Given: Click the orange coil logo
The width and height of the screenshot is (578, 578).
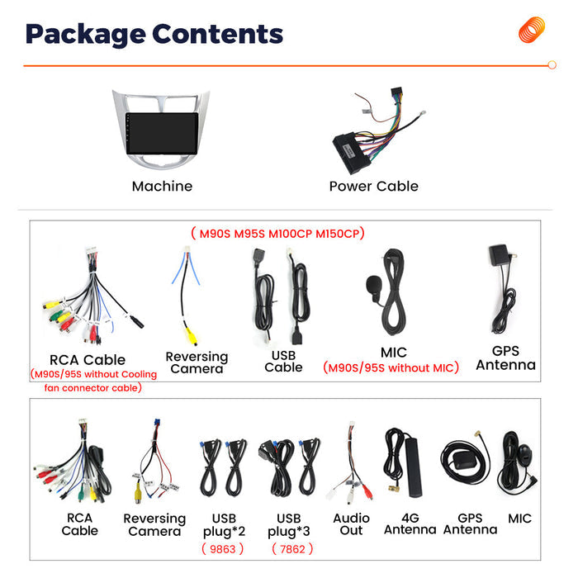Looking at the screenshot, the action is (x=532, y=30).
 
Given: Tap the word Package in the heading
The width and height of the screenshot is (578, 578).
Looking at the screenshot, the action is (x=86, y=35).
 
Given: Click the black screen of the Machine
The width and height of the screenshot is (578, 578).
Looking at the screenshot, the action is (x=162, y=134).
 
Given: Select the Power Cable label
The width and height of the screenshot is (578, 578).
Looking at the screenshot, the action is (x=373, y=186).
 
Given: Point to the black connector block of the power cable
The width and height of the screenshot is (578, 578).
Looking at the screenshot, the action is (x=352, y=153).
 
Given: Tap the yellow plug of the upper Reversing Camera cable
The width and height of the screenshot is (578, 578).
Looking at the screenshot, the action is (x=191, y=336).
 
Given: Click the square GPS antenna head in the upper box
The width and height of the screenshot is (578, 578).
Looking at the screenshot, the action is (x=499, y=254).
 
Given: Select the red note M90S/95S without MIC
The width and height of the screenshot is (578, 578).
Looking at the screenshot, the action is (x=391, y=367).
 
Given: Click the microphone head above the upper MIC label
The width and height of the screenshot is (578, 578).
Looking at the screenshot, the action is (x=373, y=285).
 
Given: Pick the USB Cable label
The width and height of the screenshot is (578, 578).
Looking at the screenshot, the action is (x=283, y=362).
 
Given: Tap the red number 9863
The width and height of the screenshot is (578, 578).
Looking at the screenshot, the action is (x=223, y=549).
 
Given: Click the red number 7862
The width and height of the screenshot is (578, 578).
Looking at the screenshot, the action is (x=292, y=549).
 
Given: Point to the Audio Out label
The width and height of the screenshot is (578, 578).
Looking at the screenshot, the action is (x=351, y=524).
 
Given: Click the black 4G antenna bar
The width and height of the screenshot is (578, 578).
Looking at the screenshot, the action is (x=413, y=467).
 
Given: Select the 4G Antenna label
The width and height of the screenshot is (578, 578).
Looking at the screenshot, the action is (x=410, y=524).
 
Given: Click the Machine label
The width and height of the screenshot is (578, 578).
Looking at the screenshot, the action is (x=162, y=186).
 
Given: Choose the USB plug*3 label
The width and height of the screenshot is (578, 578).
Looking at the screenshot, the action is (x=289, y=525).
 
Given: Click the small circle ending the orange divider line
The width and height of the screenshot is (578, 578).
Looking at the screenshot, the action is (x=552, y=65).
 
